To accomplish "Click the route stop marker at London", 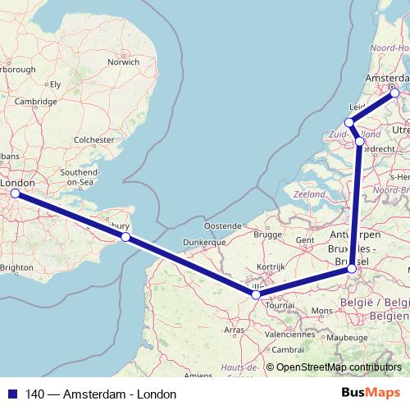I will coord(14,194).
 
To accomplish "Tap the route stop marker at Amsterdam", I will coord(394,93).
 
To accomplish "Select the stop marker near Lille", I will coord(256,294).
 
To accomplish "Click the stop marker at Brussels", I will coord(352,268).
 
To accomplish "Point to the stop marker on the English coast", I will coord(125,237).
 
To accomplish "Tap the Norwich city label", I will coord(124,61).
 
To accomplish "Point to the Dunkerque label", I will coord(205,243).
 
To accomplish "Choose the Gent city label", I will coord(305,239).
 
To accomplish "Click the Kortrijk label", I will coord(269,267).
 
